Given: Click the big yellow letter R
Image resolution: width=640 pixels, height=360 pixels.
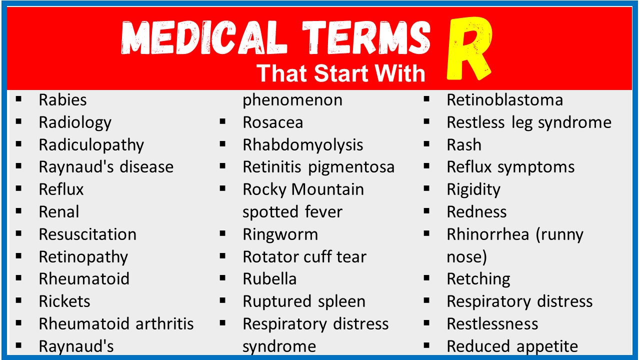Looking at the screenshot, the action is tap(468, 48).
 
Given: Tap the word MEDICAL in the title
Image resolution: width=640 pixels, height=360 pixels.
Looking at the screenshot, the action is tap(204, 37).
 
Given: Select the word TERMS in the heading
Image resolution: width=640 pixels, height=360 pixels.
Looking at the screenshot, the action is tap(366, 37).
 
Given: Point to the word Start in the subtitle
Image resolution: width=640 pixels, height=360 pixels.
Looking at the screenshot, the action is tap(341, 73).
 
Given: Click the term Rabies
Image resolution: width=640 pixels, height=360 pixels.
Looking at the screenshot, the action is tap(63, 100).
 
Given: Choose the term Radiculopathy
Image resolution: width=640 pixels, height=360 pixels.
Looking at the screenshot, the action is tap(91, 145).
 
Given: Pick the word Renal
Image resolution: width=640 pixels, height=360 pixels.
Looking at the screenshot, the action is tap(59, 212).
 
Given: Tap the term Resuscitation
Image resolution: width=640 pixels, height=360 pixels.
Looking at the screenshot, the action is tap(87, 234).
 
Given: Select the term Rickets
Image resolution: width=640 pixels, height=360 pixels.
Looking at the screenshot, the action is tap(64, 301).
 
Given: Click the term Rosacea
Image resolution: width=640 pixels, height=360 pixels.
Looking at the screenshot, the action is tap(273, 122).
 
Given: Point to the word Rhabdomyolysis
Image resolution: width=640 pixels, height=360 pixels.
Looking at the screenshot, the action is tap(303, 145).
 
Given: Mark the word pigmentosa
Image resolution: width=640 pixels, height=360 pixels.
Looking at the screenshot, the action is tap(351, 167).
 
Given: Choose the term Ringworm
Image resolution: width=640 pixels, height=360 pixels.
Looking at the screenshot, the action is tap(280, 235).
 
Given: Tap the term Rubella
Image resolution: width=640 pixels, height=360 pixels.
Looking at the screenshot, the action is tap(269, 279).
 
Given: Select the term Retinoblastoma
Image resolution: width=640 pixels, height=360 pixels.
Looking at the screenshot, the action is tap(505, 100).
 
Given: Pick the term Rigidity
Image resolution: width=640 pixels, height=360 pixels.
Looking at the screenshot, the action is tap(473, 190).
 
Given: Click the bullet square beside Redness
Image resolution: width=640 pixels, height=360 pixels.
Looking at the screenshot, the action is tap(426, 211).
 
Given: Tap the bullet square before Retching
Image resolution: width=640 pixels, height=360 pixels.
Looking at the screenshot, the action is tap(426, 278).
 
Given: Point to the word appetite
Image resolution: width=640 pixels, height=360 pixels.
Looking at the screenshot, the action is tap(547, 347).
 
